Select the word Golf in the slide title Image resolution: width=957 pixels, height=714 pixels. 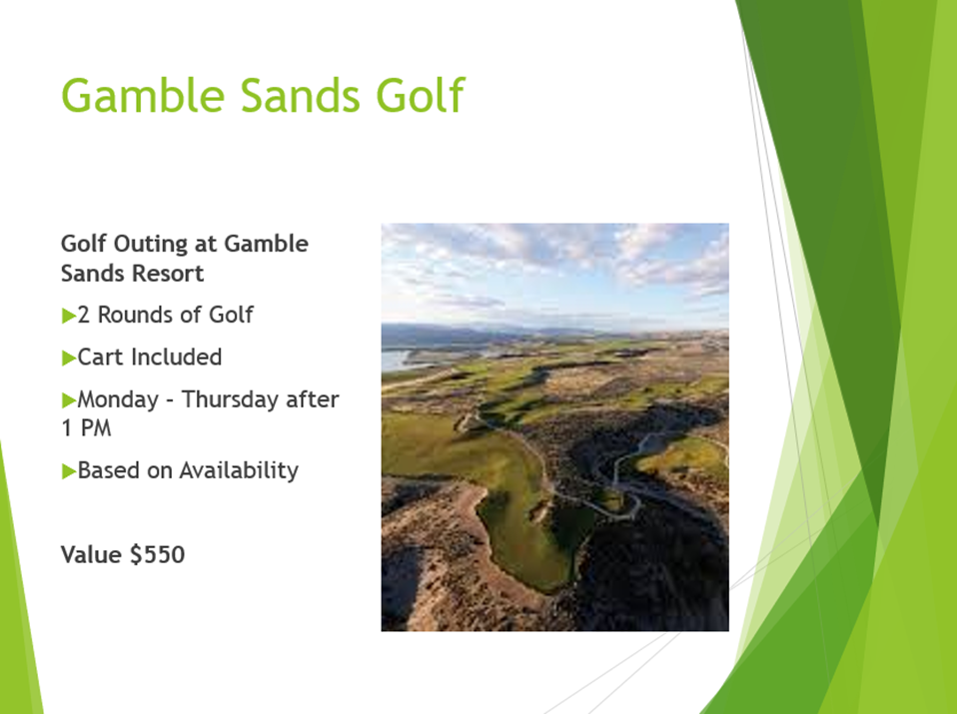(421, 95)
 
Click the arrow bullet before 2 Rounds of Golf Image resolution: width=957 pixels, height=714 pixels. (69, 316)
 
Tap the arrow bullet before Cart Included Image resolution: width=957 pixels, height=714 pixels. (69, 357)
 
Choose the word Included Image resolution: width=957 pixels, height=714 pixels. (177, 357)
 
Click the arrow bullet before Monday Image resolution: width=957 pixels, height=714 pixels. (69, 400)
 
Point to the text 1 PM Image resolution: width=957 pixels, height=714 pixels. (87, 428)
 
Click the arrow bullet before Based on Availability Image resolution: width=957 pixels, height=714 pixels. (69, 471)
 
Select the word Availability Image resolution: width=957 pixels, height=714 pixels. (240, 470)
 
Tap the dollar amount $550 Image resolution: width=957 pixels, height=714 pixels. (158, 555)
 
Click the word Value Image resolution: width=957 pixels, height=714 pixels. (92, 555)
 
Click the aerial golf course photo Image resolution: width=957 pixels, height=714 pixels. (554, 427)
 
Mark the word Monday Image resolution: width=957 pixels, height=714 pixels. (119, 399)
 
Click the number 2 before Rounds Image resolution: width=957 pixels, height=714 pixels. (84, 315)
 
